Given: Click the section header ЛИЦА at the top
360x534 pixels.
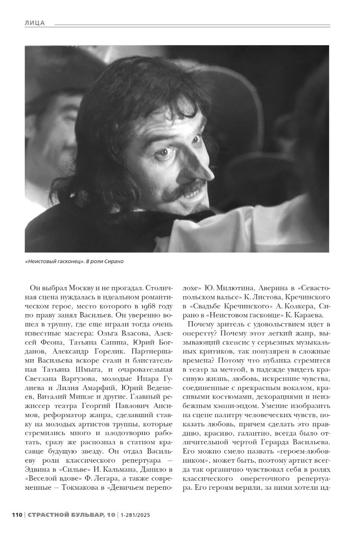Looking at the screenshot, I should [35, 23].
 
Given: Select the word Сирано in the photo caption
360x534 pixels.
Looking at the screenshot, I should [115, 262].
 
